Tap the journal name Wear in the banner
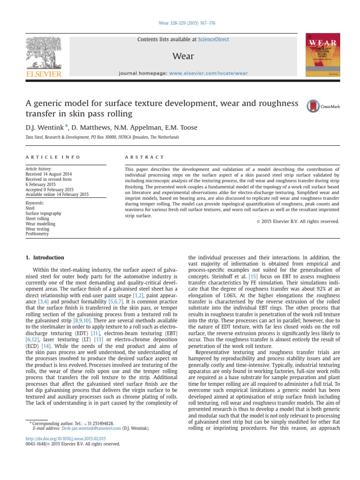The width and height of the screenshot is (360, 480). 183,56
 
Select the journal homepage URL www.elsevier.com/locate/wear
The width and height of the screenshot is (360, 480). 208,74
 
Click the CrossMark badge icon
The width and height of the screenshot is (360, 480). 313,106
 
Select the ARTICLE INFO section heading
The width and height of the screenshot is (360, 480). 53,157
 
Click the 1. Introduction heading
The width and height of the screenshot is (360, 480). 44,257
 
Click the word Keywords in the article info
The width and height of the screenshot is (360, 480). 35,202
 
